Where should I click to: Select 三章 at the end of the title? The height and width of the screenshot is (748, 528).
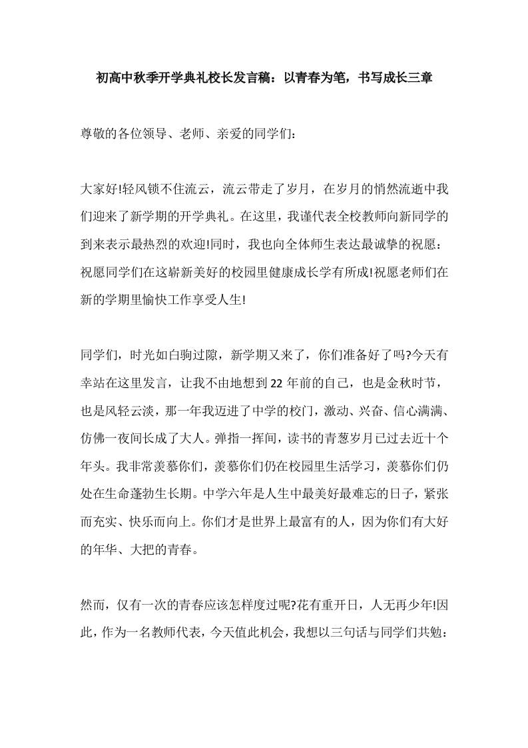419,78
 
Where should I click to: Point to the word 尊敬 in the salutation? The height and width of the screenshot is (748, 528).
94,134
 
